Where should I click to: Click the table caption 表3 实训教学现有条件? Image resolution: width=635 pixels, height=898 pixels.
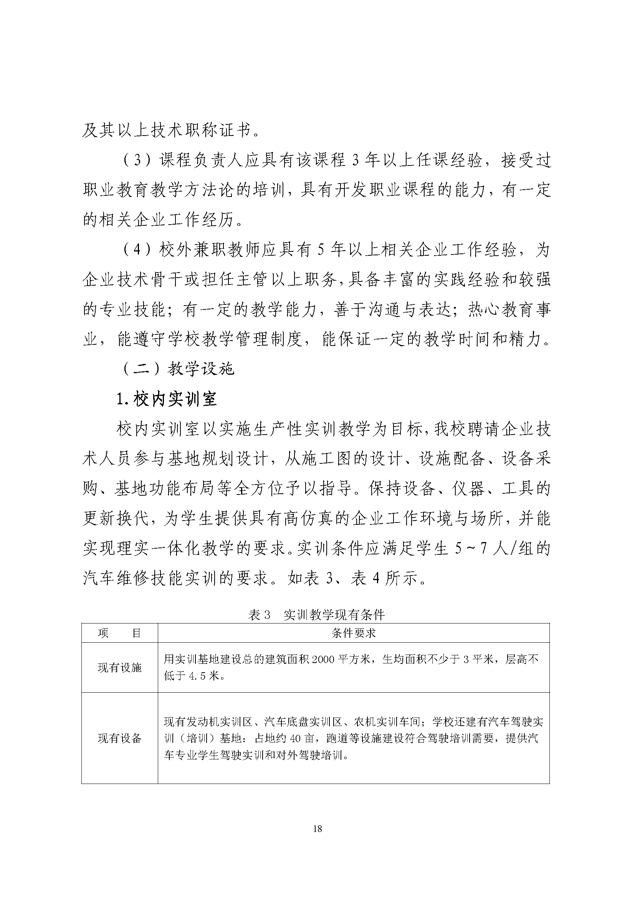click(316, 615)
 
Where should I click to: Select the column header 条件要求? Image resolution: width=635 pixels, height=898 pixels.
click(354, 633)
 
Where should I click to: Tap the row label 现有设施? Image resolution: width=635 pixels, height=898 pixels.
click(119, 667)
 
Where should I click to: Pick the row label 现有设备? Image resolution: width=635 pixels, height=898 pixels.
click(119, 738)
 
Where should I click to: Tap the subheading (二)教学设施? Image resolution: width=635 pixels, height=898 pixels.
click(178, 369)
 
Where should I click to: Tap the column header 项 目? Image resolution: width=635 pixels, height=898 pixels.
click(119, 633)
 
